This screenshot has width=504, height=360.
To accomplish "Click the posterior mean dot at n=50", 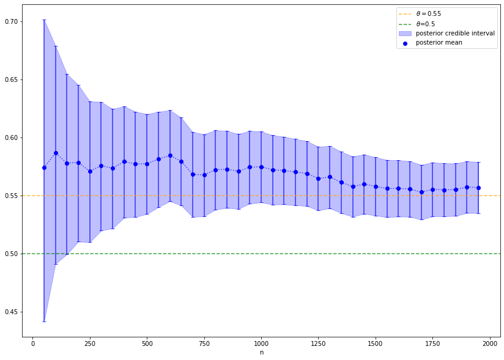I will coord(44,167).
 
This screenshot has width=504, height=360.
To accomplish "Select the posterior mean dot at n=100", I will coord(56,153).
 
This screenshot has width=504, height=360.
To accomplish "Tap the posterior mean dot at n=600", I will coord(170,155).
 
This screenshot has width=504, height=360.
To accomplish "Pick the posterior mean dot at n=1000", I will coord(261,167).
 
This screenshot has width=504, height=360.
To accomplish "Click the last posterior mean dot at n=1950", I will coord(478,188).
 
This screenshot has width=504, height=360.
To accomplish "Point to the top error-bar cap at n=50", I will coord(44,20).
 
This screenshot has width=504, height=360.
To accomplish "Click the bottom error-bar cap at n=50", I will coord(44,321).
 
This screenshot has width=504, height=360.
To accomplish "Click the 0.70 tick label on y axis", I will coord(12,21).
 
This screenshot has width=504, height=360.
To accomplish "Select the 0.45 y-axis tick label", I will coord(12,312).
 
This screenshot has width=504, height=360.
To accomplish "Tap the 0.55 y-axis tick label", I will coord(12,196).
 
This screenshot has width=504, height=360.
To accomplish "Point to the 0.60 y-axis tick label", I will coord(12,138).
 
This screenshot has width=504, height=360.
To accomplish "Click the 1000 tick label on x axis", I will coord(261,343).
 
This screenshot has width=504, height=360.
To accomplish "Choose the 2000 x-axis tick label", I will coord(489,343).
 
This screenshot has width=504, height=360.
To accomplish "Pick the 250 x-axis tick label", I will coord(90,343).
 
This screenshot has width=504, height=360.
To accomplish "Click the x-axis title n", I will coord(261,353).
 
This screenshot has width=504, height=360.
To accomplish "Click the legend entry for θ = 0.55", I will coord(428,13).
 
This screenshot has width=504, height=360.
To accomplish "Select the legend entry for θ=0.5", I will coord(426,23).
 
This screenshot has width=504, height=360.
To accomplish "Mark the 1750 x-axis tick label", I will coord(432,343).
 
